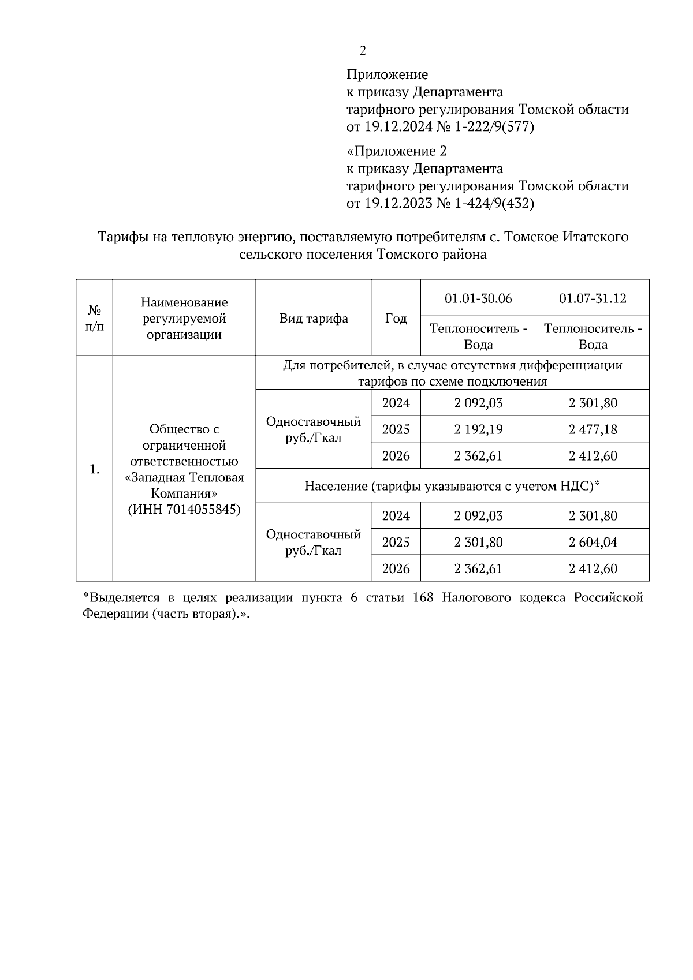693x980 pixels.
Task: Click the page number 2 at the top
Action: (363, 51)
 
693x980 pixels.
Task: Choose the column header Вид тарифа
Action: (314, 319)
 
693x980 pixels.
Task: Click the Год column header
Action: (396, 319)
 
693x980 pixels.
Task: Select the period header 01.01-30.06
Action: (478, 298)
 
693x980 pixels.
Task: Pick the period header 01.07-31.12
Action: (593, 298)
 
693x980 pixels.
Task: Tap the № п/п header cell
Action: (94, 319)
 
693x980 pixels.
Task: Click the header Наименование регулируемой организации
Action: (184, 319)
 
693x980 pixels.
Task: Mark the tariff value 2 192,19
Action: (478, 429)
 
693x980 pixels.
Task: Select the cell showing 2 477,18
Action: (593, 429)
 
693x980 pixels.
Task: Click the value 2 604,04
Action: (593, 543)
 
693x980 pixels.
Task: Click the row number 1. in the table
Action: (95, 470)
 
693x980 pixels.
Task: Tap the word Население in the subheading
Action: (336, 487)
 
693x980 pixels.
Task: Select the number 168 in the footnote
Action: (423, 598)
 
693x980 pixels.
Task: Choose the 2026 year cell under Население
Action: (396, 569)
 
